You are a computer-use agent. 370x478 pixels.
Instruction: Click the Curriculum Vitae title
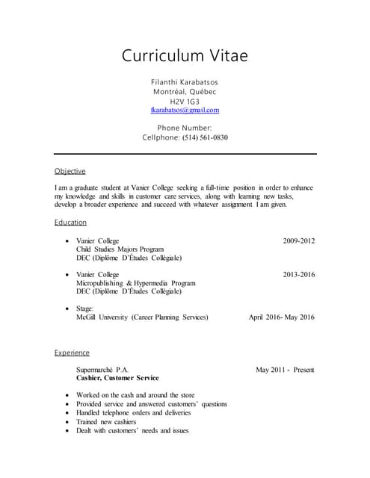pyautogui.click(x=185, y=56)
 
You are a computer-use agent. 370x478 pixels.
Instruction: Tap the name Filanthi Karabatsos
pyautogui.click(x=185, y=81)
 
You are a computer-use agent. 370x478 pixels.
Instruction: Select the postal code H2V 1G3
pyautogui.click(x=185, y=101)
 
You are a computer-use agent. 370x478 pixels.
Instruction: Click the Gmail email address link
pyautogui.click(x=185, y=110)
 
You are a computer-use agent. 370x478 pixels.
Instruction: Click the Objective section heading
pyautogui.click(x=70, y=171)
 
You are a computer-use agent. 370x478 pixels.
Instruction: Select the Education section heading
pyautogui.click(x=70, y=222)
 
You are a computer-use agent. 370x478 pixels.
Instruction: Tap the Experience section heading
pyautogui.click(x=72, y=353)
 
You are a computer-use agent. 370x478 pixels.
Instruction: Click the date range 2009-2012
pyautogui.click(x=299, y=240)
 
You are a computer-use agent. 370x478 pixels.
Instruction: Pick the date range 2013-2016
pyautogui.click(x=299, y=275)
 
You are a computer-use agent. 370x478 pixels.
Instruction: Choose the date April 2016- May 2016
pyautogui.click(x=281, y=317)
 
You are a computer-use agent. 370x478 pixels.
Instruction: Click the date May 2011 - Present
pyautogui.click(x=285, y=370)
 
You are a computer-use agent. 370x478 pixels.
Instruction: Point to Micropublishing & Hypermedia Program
pyautogui.click(x=135, y=284)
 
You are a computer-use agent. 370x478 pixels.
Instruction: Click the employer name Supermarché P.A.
pyautogui.click(x=102, y=370)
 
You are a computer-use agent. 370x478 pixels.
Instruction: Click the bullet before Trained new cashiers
pyautogui.click(x=68, y=422)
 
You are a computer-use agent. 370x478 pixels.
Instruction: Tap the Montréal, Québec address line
pyautogui.click(x=185, y=91)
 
